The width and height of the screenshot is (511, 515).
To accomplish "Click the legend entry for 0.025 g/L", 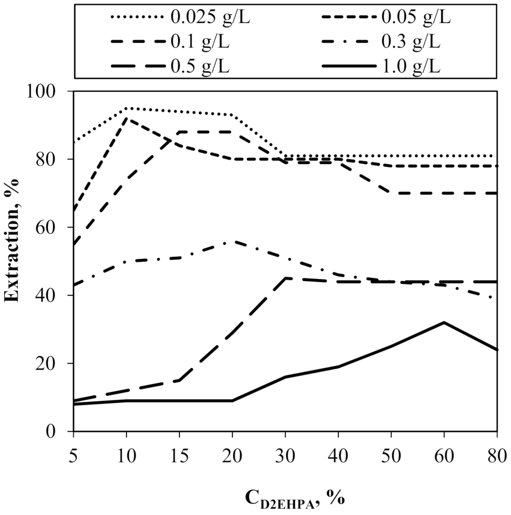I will pyautogui.click(x=210, y=17).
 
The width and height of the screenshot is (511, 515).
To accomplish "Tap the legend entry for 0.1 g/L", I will pyautogui.click(x=200, y=42).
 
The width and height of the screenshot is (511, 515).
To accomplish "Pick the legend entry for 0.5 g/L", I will pyautogui.click(x=200, y=66).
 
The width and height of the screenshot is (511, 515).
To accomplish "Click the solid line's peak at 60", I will pyautogui.click(x=443, y=322).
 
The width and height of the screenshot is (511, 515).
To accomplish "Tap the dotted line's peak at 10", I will pyautogui.click(x=127, y=108).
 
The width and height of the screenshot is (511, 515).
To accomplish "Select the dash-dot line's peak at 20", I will pyautogui.click(x=232, y=241).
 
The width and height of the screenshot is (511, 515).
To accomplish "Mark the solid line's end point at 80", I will pyautogui.click(x=496, y=350).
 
